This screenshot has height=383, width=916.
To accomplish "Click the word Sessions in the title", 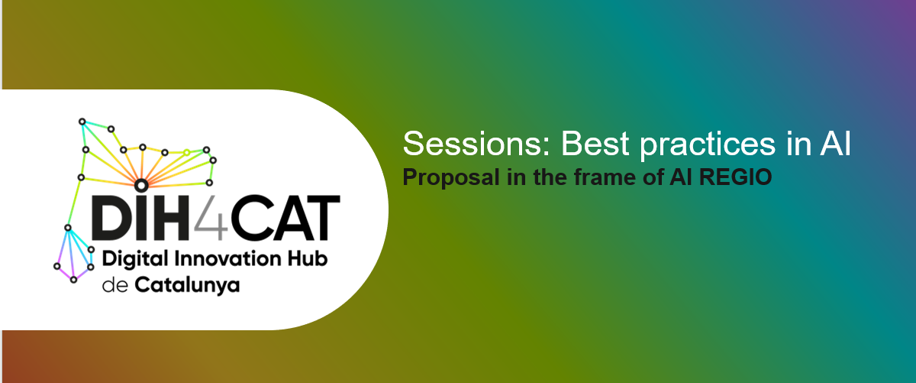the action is tap(476, 144).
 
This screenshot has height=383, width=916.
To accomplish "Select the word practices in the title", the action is tap(708, 145).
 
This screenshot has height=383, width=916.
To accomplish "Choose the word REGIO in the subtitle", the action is tap(735, 177).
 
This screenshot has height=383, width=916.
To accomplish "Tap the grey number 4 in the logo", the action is tap(211, 218).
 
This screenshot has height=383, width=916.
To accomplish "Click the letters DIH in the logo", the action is tap(140, 217).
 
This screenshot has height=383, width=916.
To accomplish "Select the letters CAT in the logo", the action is tap(285, 218).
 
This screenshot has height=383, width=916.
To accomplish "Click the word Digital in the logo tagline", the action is tap(135, 260).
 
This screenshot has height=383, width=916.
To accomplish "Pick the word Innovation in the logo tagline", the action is tap(227, 259).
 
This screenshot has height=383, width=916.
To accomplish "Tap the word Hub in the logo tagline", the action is tap(307, 259).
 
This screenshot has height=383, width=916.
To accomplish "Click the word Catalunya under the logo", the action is tap(187, 286).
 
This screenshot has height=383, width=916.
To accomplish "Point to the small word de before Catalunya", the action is tap(115, 285).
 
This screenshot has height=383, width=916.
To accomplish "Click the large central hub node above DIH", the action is tap(141, 186).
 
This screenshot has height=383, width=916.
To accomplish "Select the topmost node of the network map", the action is tap(82, 122).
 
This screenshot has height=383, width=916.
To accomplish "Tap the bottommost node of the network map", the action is tap(73, 280).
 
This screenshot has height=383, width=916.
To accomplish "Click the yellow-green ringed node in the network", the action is tap(186, 152).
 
